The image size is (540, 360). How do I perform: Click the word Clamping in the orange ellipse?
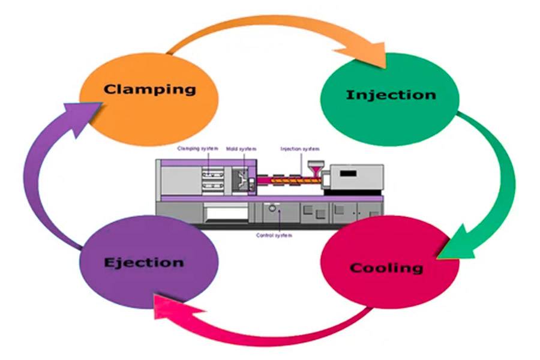coord(149,89)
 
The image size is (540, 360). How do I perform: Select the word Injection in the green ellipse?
coord(391,95)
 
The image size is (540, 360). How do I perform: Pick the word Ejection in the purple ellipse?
coord(143,262)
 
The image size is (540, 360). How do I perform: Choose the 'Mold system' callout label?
coord(237,148)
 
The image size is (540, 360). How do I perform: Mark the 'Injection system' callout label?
coord(300,148)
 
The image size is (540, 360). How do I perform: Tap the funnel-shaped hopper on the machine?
coord(313,167)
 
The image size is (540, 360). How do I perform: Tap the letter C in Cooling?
coord(356,268)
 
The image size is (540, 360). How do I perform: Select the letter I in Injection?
coord(350,95)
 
